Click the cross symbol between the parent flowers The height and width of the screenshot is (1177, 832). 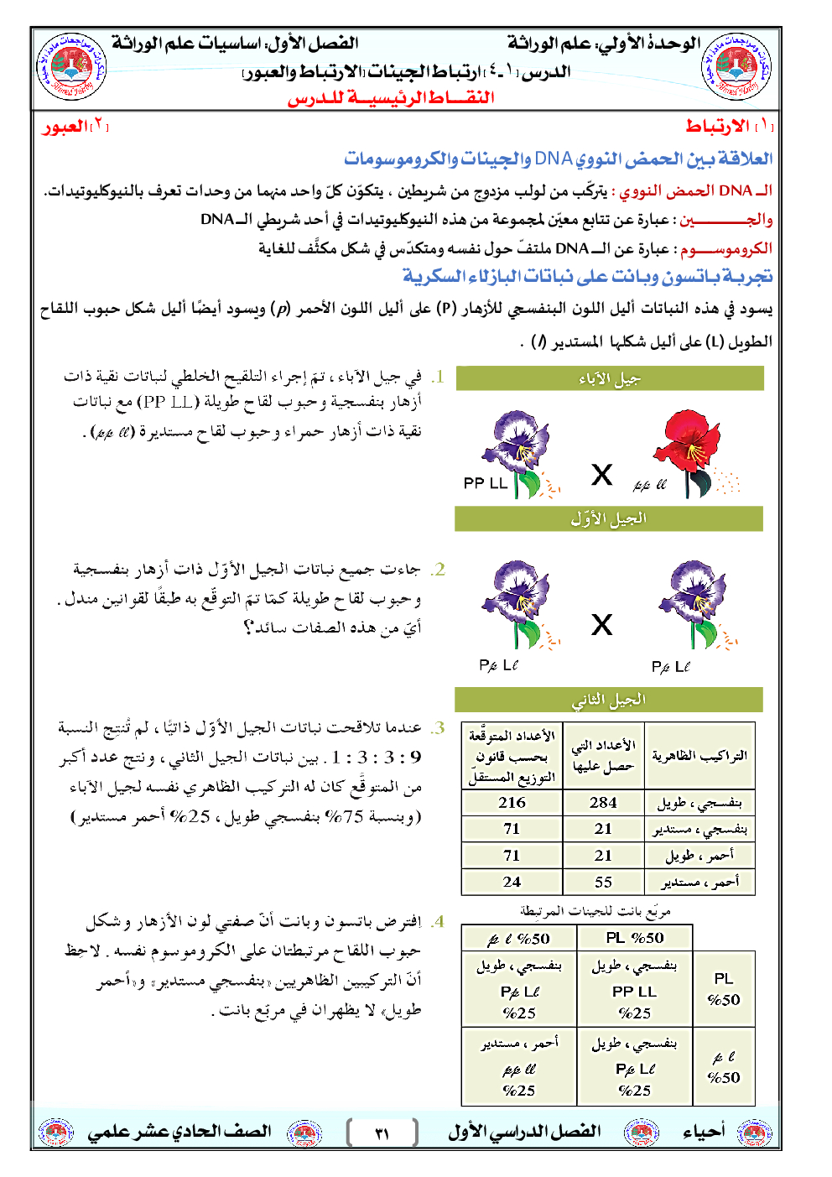(601, 475)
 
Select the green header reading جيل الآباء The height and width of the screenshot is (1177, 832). (609, 379)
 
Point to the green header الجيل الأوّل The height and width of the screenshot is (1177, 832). (609, 518)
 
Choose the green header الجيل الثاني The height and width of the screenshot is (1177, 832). (609, 700)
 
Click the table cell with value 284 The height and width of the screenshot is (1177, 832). (603, 803)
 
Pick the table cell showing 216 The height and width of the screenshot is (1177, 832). (512, 803)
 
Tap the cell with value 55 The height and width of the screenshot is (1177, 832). (603, 882)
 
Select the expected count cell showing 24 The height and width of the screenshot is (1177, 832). (512, 882)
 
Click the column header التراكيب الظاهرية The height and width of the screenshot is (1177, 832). (699, 756)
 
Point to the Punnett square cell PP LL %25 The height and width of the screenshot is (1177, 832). (634, 990)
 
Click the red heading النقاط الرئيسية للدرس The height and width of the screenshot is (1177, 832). (391, 98)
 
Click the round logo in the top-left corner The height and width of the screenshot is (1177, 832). (72, 67)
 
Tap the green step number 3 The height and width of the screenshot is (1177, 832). (438, 727)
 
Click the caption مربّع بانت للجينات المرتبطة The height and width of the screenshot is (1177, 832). (595, 910)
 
